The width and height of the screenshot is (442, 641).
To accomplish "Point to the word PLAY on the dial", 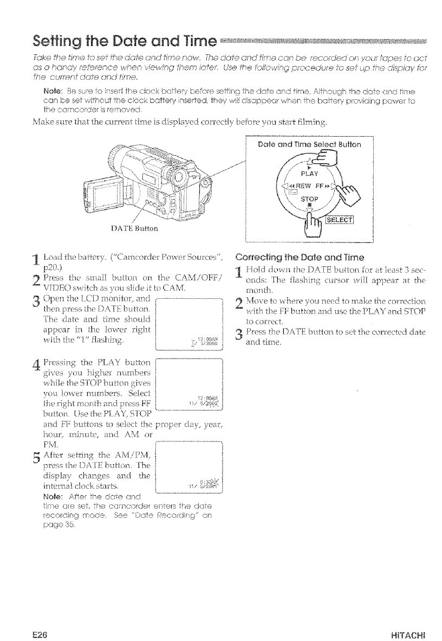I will click(x=309, y=175).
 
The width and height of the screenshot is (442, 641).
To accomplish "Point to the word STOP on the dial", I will click(x=309, y=199).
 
